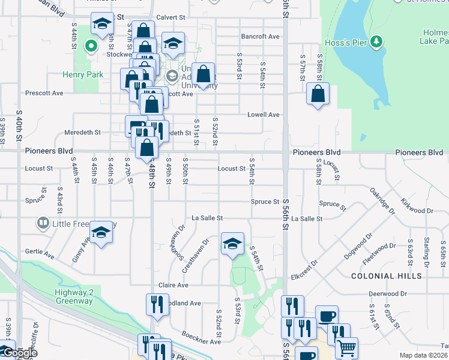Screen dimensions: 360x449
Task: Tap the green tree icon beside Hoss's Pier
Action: [376, 41]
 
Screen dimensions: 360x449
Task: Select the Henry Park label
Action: [83, 75]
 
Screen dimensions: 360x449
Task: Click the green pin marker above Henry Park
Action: [91, 46]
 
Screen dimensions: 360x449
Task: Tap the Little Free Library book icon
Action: [43, 224]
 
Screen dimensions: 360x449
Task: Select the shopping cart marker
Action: [346, 347]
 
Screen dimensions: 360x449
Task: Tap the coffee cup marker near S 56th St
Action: [327, 316]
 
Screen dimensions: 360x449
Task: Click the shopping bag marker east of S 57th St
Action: [317, 94]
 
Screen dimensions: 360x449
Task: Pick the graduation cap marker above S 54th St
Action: [232, 244]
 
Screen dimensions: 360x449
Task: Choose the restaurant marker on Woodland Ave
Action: [155, 304]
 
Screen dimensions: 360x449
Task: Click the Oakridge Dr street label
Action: [382, 202]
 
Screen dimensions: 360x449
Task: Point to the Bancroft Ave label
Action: [261, 37]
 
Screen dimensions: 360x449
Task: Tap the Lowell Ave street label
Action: [264, 115]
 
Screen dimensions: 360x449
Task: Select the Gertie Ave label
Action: [40, 255]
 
